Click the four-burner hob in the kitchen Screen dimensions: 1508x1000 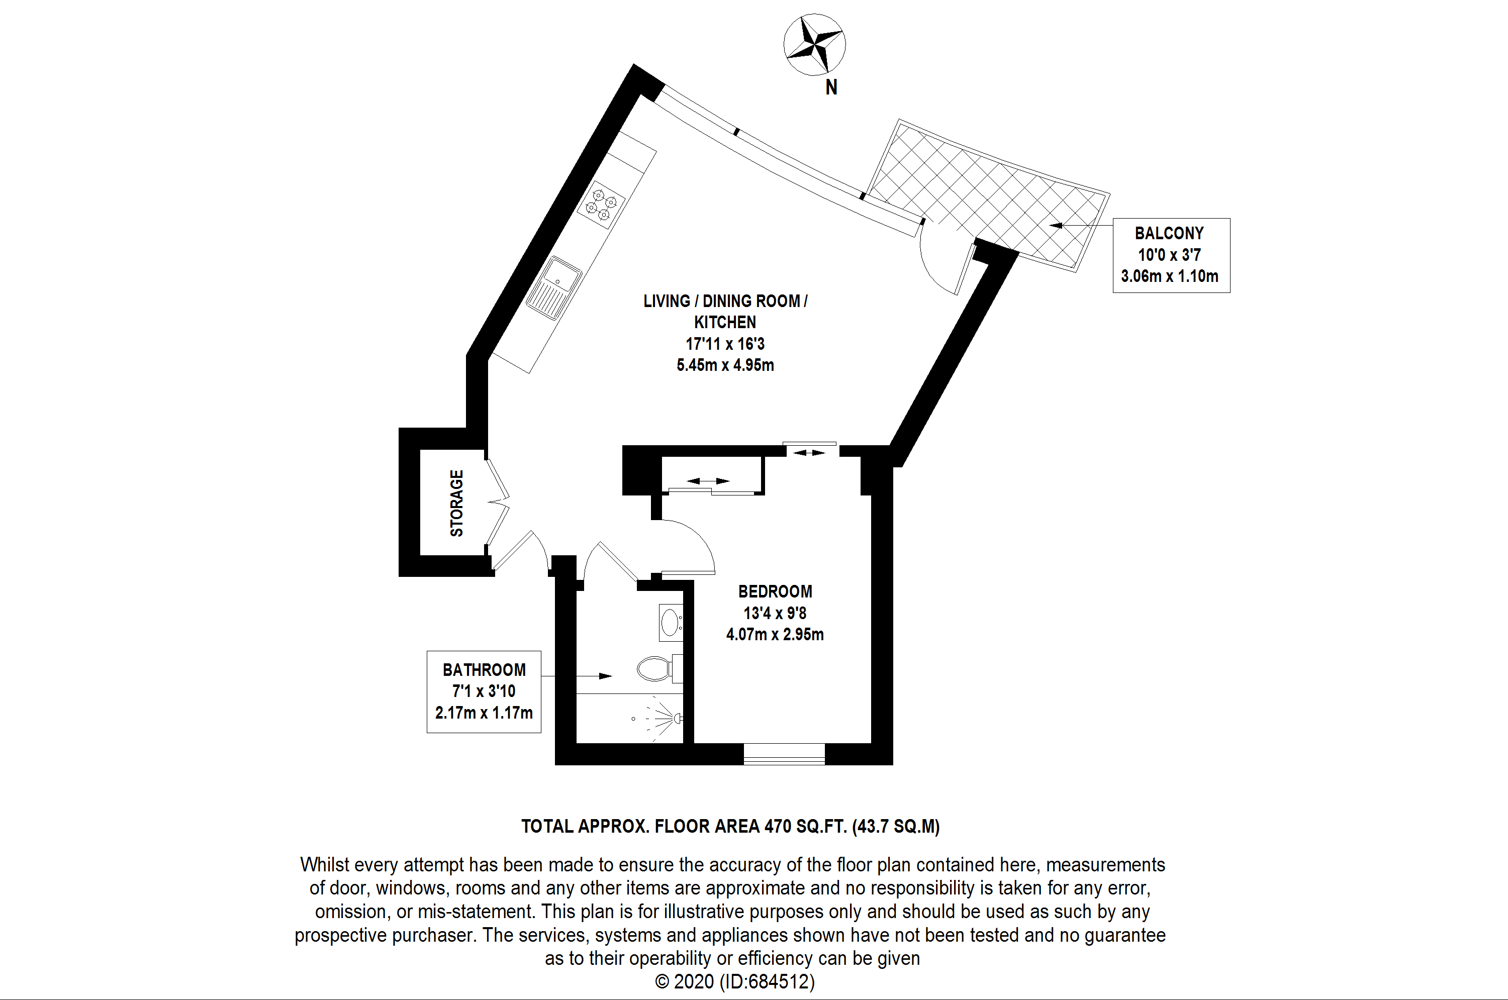point(601,205)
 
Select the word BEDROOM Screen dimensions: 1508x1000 point(775,592)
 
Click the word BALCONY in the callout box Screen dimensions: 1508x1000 point(1169,234)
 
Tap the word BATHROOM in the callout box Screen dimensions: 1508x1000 point(484,670)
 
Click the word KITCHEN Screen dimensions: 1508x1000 point(725,322)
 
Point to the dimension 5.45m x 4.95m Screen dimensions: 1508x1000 point(725,365)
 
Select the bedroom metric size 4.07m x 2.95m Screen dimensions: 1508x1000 point(775,635)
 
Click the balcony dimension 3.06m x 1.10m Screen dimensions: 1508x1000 point(1169,276)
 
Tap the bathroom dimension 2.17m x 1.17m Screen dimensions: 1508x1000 point(484,713)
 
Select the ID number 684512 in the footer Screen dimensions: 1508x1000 point(778,981)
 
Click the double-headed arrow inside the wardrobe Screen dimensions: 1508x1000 point(709,481)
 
